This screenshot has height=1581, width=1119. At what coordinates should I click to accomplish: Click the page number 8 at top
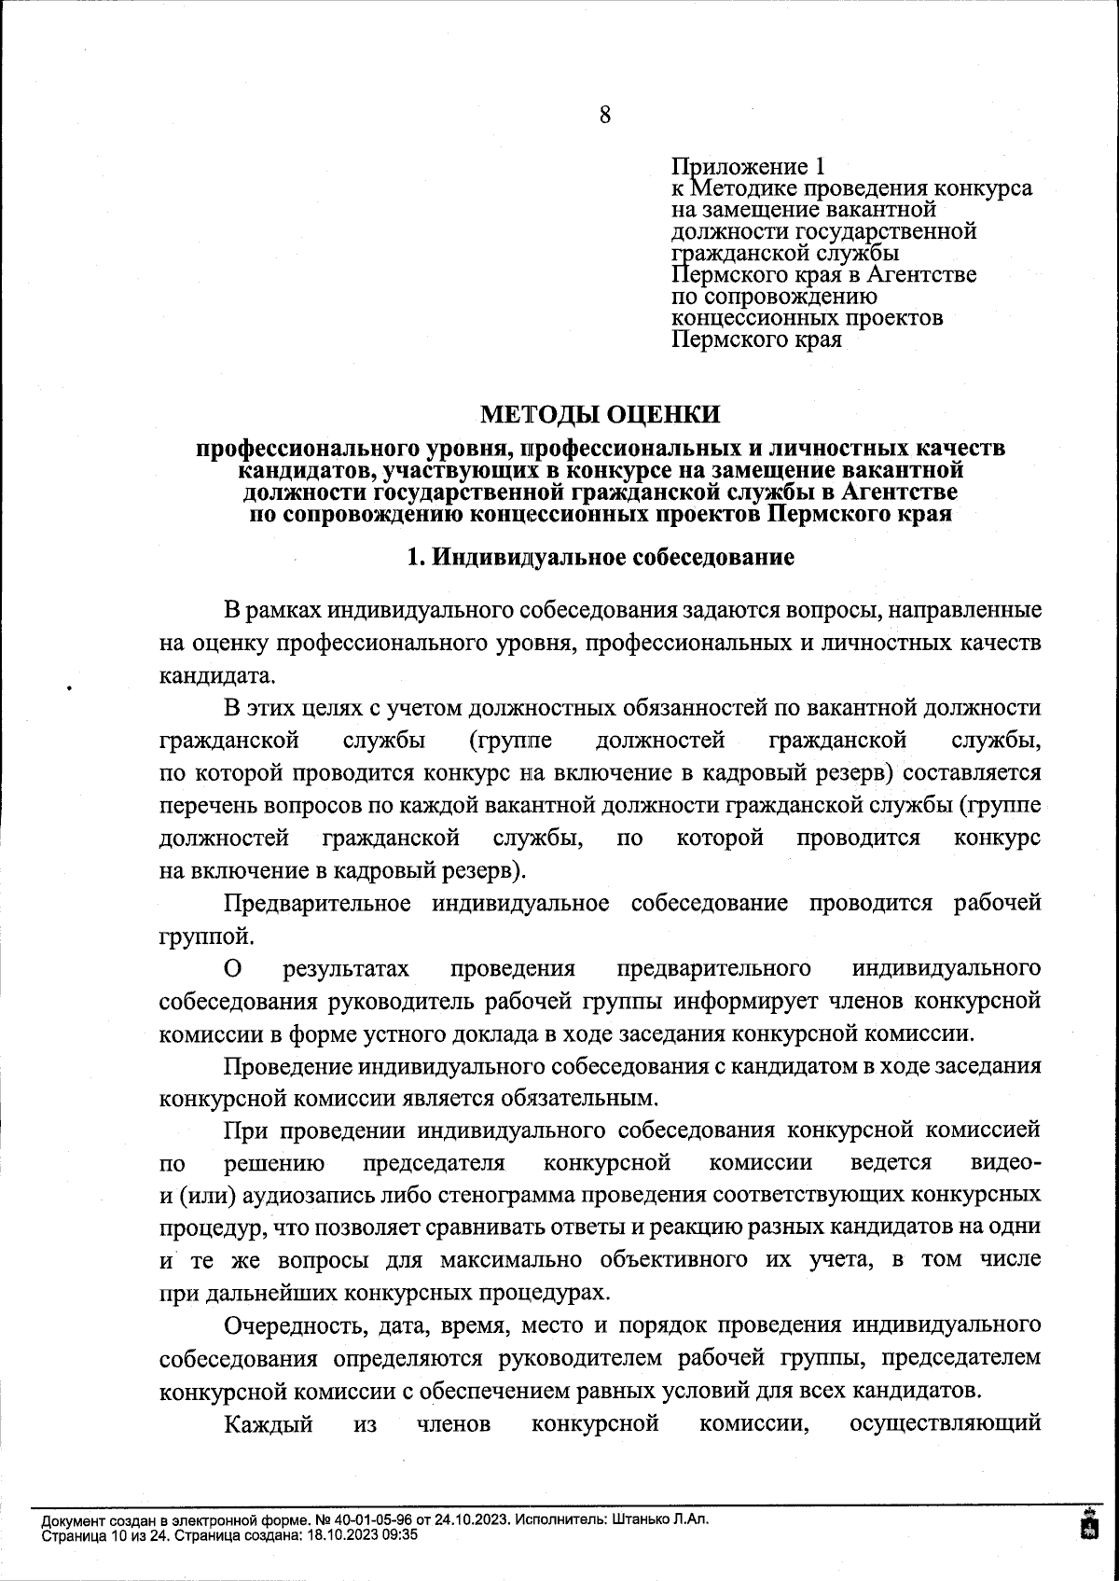coord(605,116)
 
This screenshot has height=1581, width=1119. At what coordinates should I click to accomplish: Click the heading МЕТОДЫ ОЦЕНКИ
coord(601,413)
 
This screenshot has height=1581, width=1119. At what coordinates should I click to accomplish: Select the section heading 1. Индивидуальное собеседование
coord(601,558)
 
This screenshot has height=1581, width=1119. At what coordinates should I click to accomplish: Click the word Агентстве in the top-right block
coord(921,275)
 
